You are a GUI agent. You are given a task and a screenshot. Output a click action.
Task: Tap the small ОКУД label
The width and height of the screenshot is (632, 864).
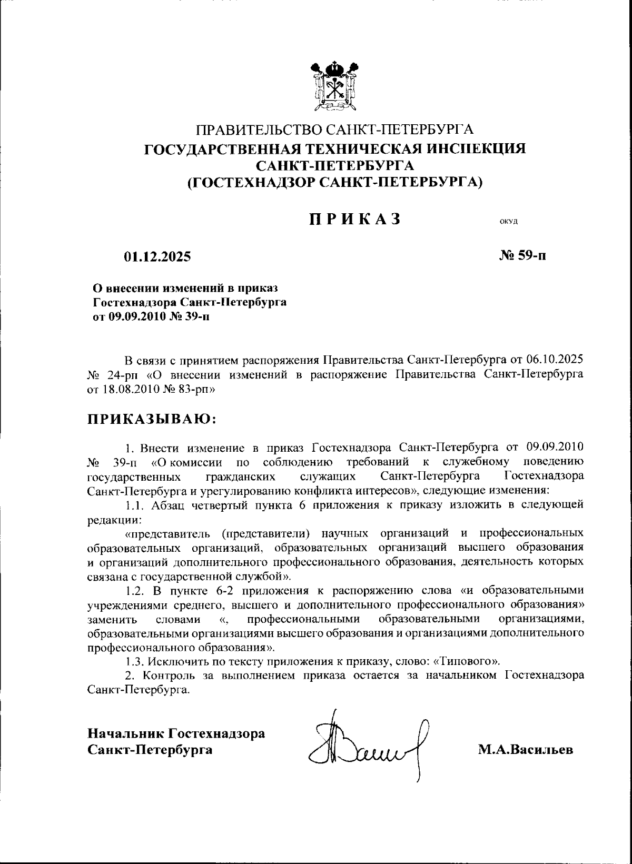509,222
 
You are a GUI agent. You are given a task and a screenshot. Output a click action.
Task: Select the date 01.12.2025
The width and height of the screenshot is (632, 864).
157,257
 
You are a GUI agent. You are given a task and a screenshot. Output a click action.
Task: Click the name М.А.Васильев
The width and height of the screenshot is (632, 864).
525,749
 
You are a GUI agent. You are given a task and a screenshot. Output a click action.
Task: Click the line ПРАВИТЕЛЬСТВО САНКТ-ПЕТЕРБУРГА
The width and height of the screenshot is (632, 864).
335,129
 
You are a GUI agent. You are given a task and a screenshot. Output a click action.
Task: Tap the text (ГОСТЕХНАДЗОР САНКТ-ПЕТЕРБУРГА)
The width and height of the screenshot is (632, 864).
335,182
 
